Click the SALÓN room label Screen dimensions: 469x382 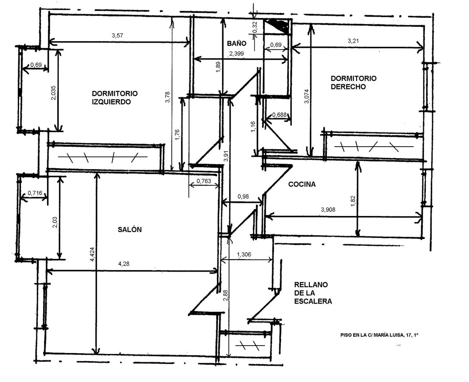point(130,230)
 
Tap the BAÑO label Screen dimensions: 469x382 point(236,44)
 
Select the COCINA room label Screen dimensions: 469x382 point(302,184)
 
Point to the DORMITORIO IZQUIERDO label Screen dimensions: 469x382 point(114,98)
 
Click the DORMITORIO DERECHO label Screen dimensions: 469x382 point(353,82)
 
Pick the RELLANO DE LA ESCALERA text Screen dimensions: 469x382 point(313,293)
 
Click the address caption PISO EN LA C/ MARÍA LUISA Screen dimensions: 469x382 point(379,335)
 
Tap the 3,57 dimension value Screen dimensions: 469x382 point(118,35)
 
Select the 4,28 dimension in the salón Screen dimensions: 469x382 point(124,263)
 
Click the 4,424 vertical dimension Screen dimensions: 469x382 point(92,254)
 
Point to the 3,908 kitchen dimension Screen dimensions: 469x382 point(328,209)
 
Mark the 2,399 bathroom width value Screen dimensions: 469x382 point(236,53)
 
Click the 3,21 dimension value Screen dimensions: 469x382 point(353,41)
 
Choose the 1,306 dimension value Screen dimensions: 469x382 point(244,255)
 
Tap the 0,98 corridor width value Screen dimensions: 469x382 point(243,196)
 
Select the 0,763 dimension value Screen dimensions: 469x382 point(204,181)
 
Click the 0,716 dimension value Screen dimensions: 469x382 point(35,193)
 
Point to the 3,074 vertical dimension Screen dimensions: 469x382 point(307,96)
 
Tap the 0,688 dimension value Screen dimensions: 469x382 point(279,115)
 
